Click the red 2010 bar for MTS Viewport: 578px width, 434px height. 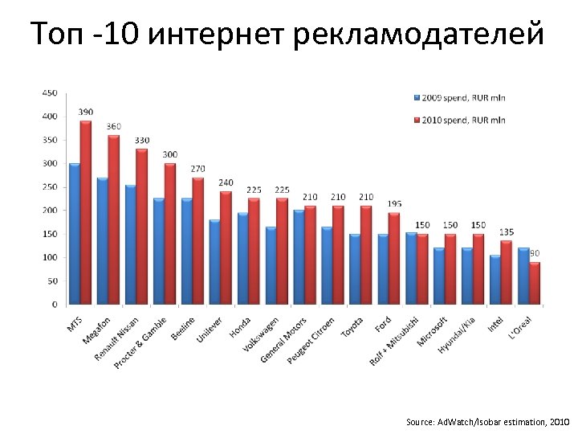pyautogui.click(x=86, y=213)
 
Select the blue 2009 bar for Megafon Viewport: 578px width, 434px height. pyautogui.click(x=103, y=241)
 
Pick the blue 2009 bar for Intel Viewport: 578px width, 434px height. pyautogui.click(x=495, y=280)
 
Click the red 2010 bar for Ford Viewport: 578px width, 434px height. pyautogui.click(x=394, y=258)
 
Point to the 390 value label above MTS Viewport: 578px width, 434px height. pyautogui.click(x=86, y=111)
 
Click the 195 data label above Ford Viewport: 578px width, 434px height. pyautogui.click(x=394, y=203)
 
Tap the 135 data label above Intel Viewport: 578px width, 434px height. pyautogui.click(x=507, y=231)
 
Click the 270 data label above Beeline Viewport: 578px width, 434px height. pyautogui.click(x=198, y=168)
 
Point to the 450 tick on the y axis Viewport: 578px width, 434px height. pyautogui.click(x=50, y=93)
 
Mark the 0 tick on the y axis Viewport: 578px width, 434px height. pyautogui.click(x=55, y=305)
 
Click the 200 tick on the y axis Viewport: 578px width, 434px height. pyautogui.click(x=50, y=211)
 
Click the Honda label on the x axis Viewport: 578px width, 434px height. pyautogui.click(x=240, y=328)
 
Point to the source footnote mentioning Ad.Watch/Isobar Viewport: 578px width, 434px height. pyautogui.click(x=487, y=421)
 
